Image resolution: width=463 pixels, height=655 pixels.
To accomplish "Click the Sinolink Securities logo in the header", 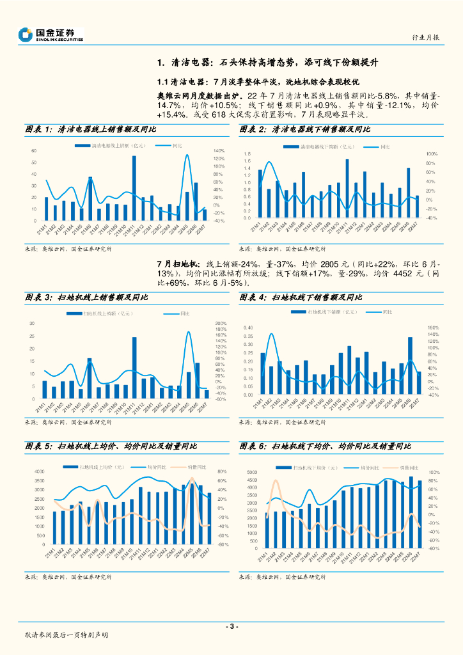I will [x=51, y=35].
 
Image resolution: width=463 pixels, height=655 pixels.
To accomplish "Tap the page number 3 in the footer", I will [x=232, y=626].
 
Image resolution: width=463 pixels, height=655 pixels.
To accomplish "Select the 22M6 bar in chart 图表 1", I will [x=196, y=201].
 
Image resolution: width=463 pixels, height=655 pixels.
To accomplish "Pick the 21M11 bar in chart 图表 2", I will [x=347, y=189].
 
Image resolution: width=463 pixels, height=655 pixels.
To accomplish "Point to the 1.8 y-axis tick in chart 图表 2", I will [x=247, y=154].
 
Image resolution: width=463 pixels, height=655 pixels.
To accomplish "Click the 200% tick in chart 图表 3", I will [x=221, y=324].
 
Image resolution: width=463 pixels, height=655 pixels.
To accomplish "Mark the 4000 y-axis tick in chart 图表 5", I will [x=38, y=471].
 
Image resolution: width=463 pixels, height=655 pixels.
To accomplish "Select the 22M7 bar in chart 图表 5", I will [x=209, y=518].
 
